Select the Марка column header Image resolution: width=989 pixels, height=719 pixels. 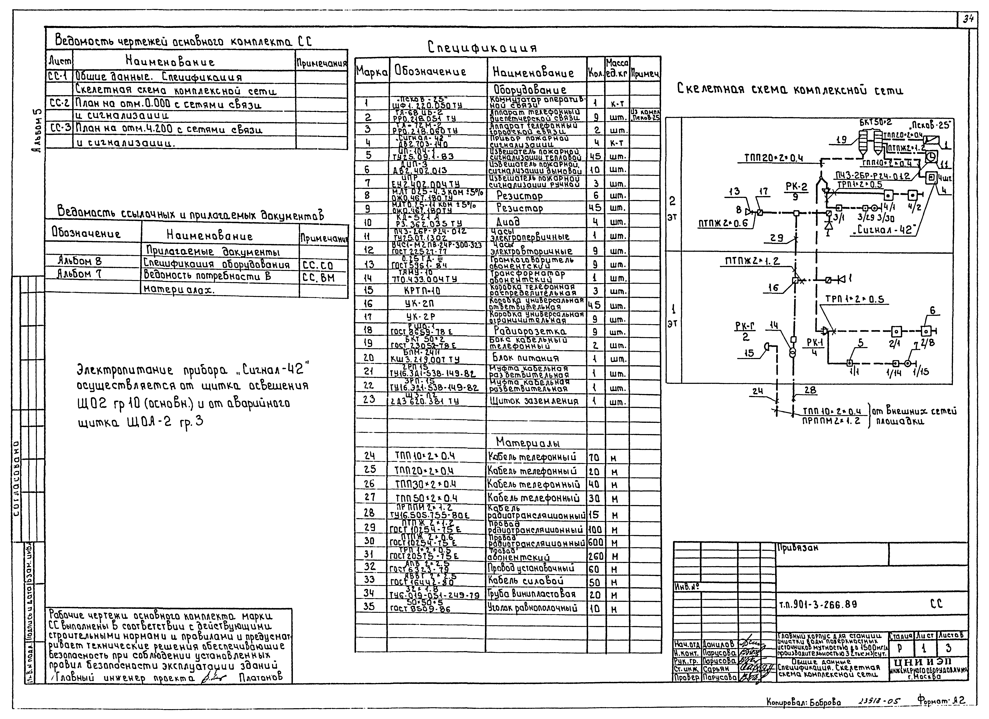coord(372,72)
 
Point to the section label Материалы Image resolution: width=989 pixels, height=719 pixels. coord(528,443)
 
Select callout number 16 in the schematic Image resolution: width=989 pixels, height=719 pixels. coord(773,288)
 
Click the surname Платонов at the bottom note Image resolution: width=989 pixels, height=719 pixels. coord(261,677)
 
